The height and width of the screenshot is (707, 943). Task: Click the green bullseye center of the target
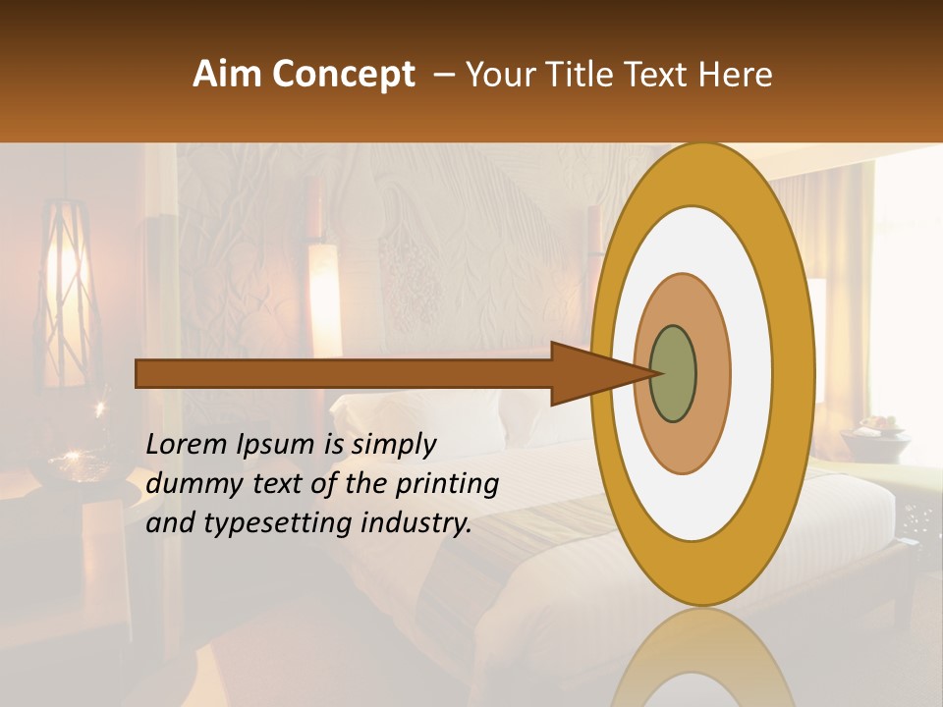(x=673, y=374)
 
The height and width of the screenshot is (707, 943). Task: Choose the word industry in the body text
(x=416, y=523)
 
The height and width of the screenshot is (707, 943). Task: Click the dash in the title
(x=444, y=75)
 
